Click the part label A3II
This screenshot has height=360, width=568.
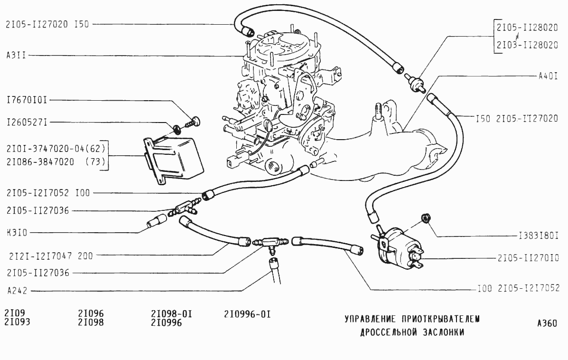pos(16,56)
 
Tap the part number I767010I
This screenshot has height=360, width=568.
pos(27,100)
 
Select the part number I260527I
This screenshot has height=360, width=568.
pos(27,122)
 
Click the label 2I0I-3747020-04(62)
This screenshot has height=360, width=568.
pos(56,148)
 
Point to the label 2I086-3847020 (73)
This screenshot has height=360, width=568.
pos(56,161)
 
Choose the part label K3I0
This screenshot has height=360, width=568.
pos(17,232)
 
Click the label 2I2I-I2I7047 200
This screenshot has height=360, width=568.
pos(51,256)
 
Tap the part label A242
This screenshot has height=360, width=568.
pos(17,290)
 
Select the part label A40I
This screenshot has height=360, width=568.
pos(548,76)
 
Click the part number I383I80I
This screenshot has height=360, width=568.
pos(539,236)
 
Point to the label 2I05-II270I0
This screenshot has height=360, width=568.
pos(528,258)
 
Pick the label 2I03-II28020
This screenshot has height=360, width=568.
pos(527,45)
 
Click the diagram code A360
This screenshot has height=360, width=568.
pos(547,323)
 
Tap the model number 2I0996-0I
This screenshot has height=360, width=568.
pos(247,314)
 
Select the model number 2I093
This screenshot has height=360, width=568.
pos(18,322)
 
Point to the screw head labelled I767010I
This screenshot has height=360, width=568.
pos(196,121)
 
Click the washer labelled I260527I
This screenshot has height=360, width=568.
pos(177,129)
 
